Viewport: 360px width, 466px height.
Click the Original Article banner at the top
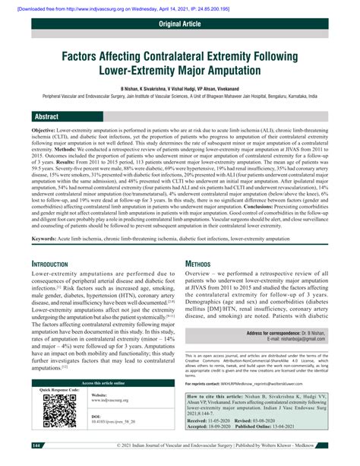[179, 24]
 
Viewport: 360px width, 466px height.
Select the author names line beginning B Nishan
[179, 89]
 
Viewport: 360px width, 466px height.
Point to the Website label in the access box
[99, 395]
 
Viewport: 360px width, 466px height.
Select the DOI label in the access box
[96, 417]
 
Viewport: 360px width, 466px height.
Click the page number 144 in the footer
[36, 445]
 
